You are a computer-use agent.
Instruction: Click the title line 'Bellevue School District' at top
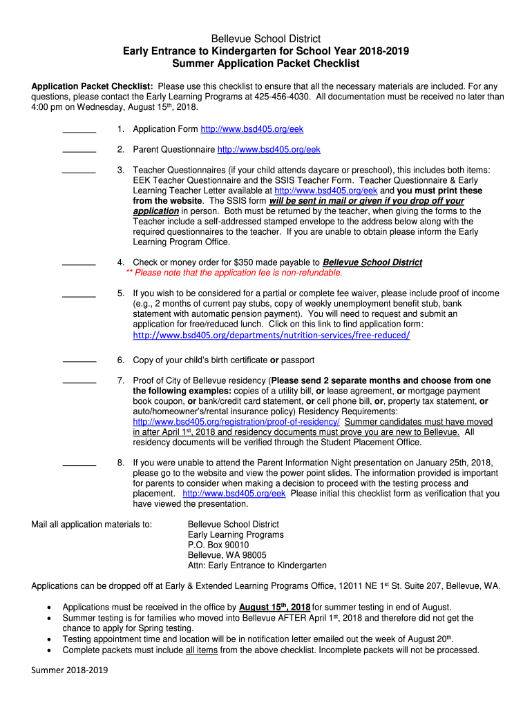pos(266,39)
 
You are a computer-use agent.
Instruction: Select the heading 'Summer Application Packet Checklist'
pos(266,64)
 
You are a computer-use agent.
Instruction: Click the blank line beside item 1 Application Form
pos(79,130)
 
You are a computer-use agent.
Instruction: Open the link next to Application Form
pos(251,129)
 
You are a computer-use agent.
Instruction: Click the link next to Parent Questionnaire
pos(269,150)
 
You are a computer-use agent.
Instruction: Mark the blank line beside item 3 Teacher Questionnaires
pos(79,171)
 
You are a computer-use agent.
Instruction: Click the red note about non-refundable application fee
pos(234,273)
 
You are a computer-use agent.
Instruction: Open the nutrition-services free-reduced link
pos(271,335)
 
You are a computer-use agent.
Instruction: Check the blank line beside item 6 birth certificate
pos(79,360)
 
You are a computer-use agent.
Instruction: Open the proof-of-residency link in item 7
pos(236,422)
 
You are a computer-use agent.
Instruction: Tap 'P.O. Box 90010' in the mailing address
pos(218,545)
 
